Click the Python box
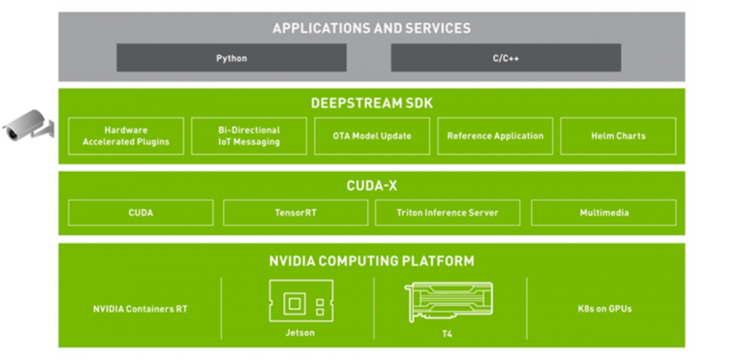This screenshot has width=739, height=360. (x=231, y=58)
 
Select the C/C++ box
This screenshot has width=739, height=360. (x=505, y=58)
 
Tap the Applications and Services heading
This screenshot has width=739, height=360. (x=371, y=28)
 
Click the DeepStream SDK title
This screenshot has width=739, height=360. (x=371, y=103)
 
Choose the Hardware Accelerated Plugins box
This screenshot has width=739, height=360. (x=126, y=136)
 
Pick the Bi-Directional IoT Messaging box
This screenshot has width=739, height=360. (x=249, y=136)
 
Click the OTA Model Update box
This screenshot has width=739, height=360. (x=372, y=136)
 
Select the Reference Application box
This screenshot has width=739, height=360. (x=495, y=136)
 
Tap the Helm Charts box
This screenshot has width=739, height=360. (x=618, y=136)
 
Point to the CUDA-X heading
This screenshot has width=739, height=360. (x=371, y=186)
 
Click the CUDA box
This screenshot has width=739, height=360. (x=141, y=212)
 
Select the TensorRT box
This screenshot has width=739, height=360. (x=296, y=212)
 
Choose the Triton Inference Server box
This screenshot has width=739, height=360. (x=447, y=212)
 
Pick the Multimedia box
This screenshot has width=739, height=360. (x=603, y=212)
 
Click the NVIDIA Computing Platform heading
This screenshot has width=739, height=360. (x=371, y=261)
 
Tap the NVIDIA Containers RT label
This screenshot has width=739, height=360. (x=140, y=309)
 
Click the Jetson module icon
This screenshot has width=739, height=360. (x=301, y=301)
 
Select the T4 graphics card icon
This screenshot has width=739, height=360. (x=449, y=302)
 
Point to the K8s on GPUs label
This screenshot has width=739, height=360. (x=604, y=309)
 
